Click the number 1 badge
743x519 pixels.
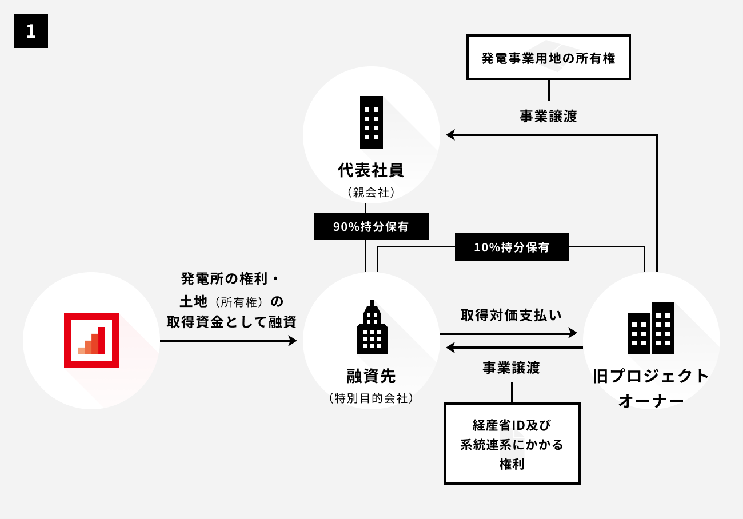point(31,31)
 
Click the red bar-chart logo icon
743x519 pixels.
point(91,341)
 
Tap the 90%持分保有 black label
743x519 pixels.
point(371,226)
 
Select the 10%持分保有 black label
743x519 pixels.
point(512,247)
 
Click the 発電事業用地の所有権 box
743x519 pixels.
point(548,57)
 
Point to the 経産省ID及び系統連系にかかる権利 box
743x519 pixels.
point(512,444)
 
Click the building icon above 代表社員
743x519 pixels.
point(371,122)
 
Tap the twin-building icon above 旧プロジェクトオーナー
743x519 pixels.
point(651,328)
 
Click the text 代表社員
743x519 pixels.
point(371,170)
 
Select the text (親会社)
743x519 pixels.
point(371,193)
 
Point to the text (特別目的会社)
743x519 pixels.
point(371,398)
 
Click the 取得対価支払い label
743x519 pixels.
point(511,315)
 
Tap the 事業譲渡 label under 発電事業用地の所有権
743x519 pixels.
point(548,116)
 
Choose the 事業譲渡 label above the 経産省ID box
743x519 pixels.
point(511,368)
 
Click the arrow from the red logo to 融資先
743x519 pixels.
point(229,341)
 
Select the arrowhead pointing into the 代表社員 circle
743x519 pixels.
point(450,135)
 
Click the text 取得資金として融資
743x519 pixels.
point(231,322)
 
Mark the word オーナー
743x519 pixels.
point(651,400)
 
